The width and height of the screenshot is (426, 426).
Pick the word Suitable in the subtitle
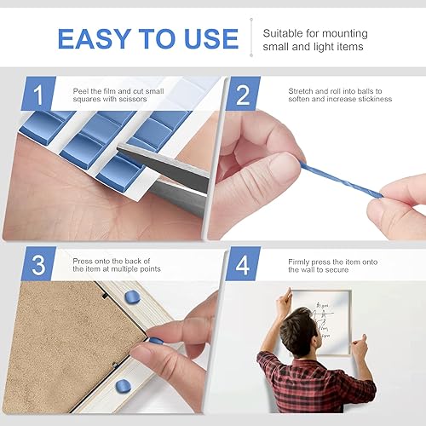pyautogui.click(x=281, y=32)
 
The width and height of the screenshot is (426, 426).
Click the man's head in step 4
pyautogui.click(x=302, y=329)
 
